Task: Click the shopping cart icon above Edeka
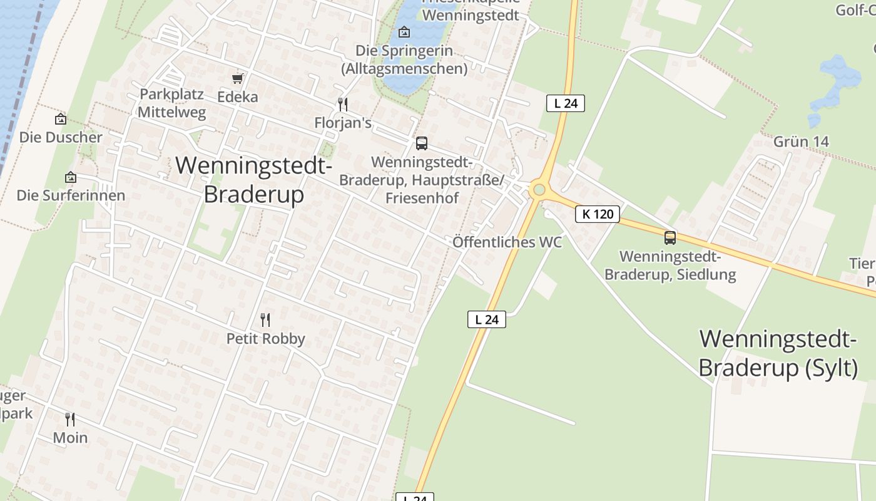tap(237, 78)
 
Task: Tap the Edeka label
tap(237, 97)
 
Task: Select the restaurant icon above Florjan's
tap(342, 104)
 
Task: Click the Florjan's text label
tap(342, 123)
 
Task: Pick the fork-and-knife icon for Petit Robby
tap(265, 320)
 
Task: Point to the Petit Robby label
tap(265, 339)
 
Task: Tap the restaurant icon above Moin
tap(70, 419)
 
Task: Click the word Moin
tap(70, 438)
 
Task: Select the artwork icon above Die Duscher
tap(61, 118)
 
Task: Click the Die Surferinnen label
tap(71, 195)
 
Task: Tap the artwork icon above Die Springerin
tap(404, 31)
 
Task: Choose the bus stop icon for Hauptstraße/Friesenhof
tap(422, 143)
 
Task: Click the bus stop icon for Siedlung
tap(670, 238)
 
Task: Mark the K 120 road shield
tap(597, 214)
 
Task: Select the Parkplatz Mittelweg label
tap(171, 103)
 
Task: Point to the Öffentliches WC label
tap(507, 242)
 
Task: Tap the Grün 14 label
tap(801, 142)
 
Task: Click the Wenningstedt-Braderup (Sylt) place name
tap(778, 354)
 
